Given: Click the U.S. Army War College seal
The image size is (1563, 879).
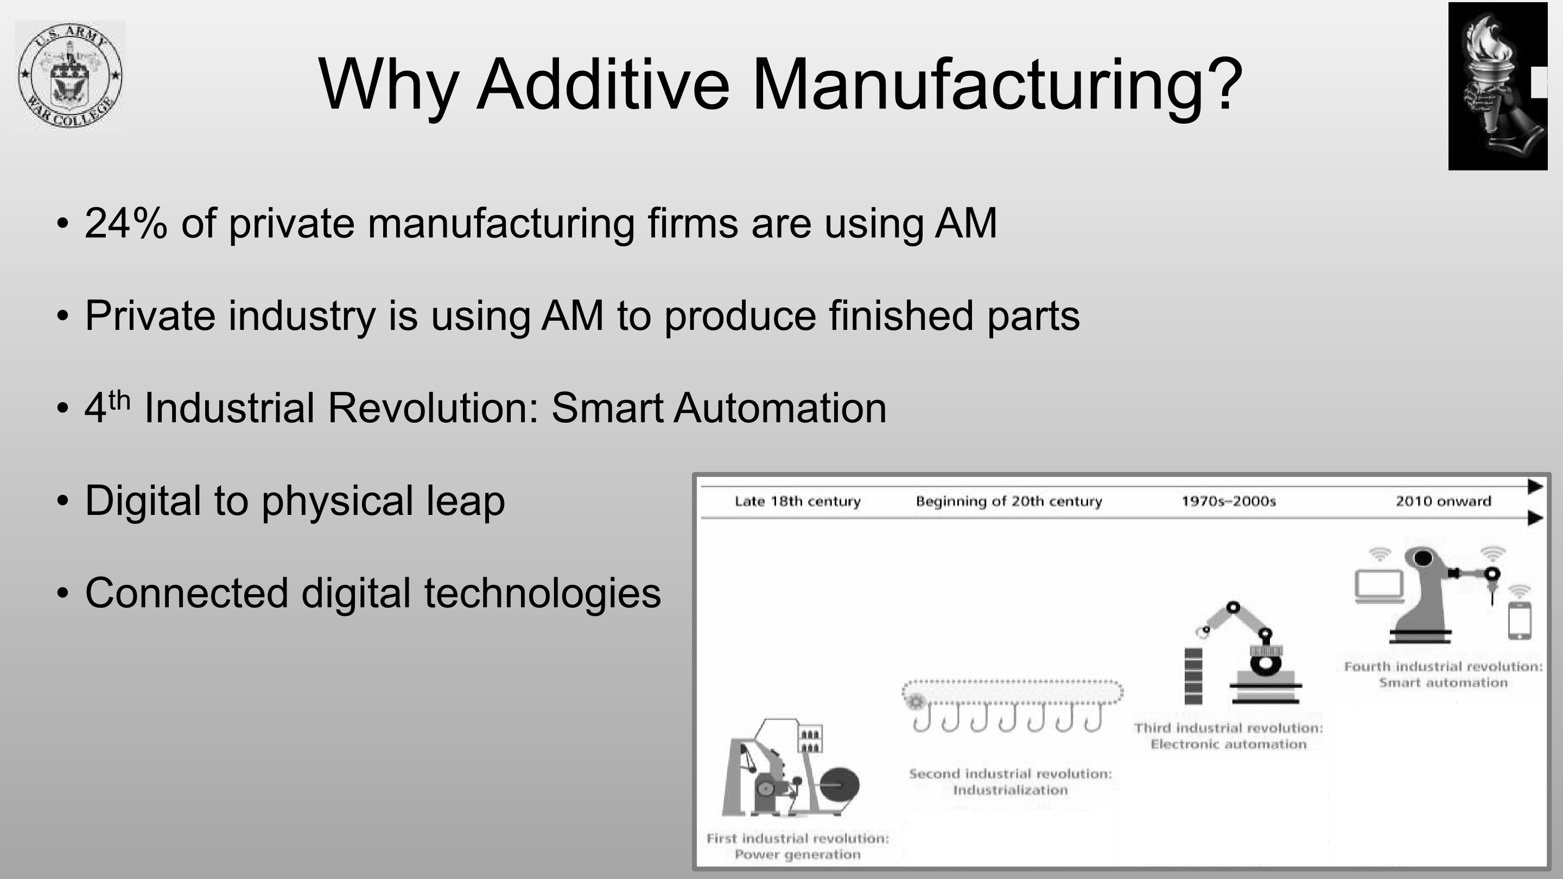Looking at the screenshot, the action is pyautogui.click(x=71, y=75).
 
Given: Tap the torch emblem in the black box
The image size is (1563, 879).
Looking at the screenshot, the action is pyautogui.click(x=1497, y=86).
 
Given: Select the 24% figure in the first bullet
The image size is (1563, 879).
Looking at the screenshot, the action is pyautogui.click(x=125, y=222).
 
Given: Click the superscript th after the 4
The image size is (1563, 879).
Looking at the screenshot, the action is pyautogui.click(x=119, y=401).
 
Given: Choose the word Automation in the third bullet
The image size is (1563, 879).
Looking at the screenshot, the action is pyautogui.click(x=780, y=407).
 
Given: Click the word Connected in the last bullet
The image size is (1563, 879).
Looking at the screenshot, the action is pyautogui.click(x=186, y=593).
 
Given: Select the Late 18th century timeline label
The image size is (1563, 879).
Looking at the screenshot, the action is pyautogui.click(x=797, y=501).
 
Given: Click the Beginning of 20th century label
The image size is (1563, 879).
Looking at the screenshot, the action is pyautogui.click(x=1008, y=501).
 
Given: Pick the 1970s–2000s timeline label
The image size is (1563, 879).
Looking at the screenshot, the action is pyautogui.click(x=1229, y=501).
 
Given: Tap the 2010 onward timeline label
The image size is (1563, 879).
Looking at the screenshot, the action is pyautogui.click(x=1443, y=501).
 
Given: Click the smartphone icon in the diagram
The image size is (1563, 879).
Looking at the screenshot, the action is pyautogui.click(x=1520, y=621).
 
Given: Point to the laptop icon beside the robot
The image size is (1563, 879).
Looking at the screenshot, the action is pyautogui.click(x=1380, y=586).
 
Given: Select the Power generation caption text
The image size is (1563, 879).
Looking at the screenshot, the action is pyautogui.click(x=797, y=855).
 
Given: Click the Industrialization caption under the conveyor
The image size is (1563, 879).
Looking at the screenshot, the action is pyautogui.click(x=1010, y=790).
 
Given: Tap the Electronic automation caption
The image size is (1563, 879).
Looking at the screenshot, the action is pyautogui.click(x=1229, y=744).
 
